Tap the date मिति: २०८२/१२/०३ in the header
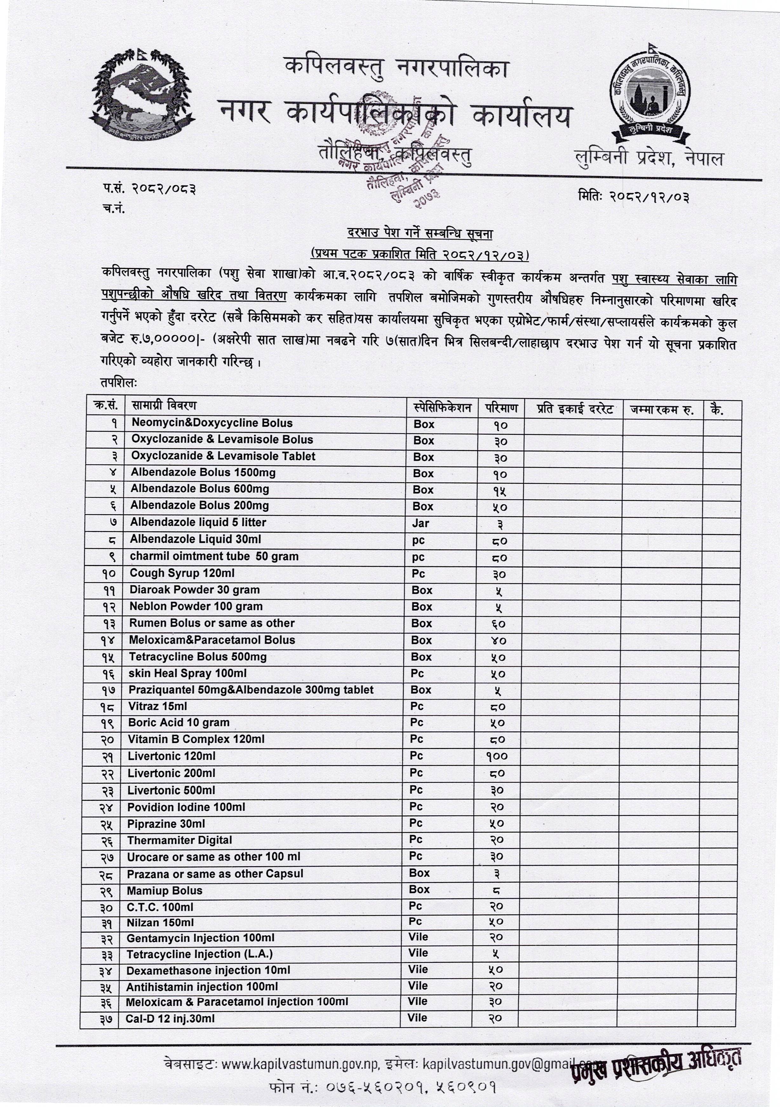(633, 197)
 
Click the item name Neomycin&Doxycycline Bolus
(212, 423)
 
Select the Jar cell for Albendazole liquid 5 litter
(420, 523)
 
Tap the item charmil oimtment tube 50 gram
(214, 557)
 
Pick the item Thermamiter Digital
(179, 840)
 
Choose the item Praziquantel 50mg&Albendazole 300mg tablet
(251, 690)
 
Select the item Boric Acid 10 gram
(178, 723)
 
